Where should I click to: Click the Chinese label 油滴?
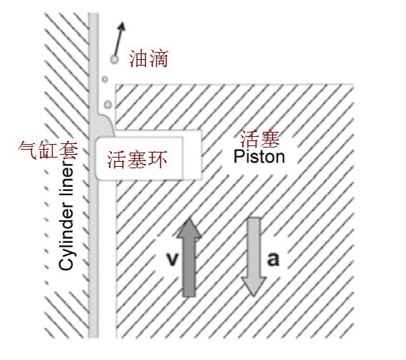(x=149, y=58)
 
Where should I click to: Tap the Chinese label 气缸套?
(x=48, y=150)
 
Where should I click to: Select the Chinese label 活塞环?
(x=137, y=160)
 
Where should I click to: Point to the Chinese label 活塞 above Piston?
(x=260, y=139)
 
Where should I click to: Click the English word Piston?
(x=259, y=157)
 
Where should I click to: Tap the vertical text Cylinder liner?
(x=66, y=215)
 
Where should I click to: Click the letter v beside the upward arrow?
(x=172, y=259)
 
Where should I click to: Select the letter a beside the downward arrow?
(x=274, y=259)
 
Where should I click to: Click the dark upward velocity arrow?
(x=189, y=257)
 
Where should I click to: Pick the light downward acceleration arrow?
(x=254, y=257)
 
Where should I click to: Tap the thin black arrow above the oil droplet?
(x=119, y=39)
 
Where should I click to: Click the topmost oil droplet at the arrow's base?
(x=114, y=60)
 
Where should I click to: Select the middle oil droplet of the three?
(x=105, y=79)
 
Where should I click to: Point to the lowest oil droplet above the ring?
(x=108, y=105)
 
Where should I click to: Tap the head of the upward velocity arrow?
(x=189, y=228)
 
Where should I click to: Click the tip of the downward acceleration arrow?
(x=254, y=296)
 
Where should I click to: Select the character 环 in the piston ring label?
(x=157, y=160)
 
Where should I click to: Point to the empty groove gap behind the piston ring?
(x=192, y=155)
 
